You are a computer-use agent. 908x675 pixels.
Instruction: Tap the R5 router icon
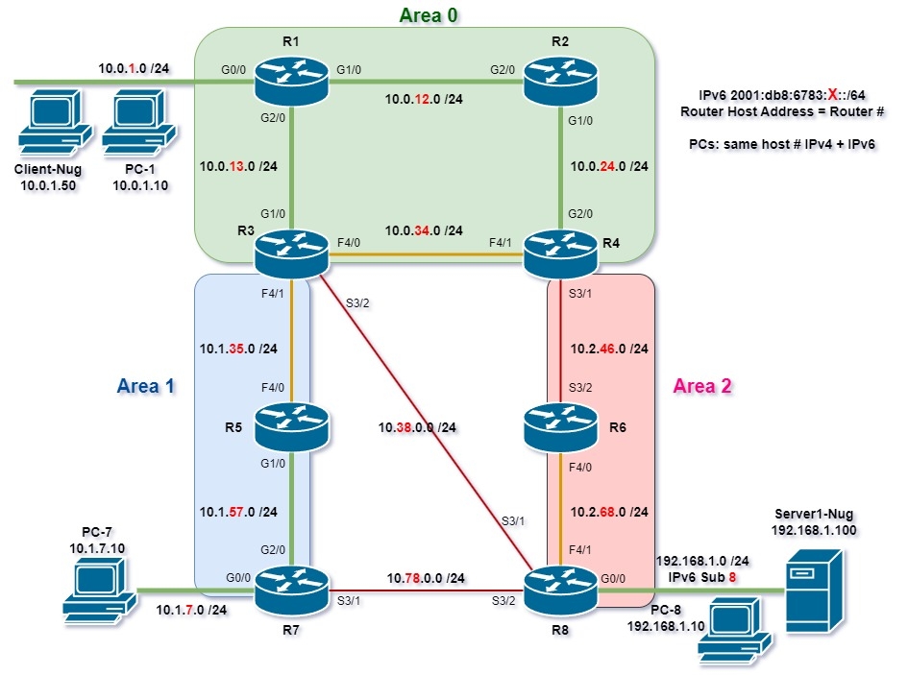[x=291, y=428]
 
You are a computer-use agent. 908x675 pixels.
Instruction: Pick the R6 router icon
[x=559, y=428]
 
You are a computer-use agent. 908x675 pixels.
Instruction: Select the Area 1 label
[x=146, y=386]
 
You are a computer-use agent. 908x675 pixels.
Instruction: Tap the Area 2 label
[x=702, y=386]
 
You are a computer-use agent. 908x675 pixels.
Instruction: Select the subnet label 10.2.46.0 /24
[x=607, y=349]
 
